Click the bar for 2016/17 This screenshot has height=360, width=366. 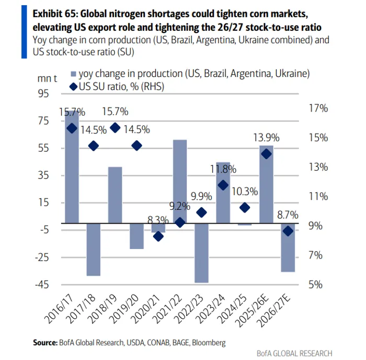pyautogui.click(x=72, y=167)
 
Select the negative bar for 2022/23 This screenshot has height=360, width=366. pyautogui.click(x=201, y=253)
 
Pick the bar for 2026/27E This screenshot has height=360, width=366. pyautogui.click(x=288, y=248)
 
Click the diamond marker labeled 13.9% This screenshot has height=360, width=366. pyautogui.click(x=266, y=154)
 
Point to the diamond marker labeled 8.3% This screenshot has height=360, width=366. pyautogui.click(x=158, y=237)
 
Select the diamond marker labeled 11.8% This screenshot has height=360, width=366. pyautogui.click(x=223, y=185)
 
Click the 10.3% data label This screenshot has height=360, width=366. pyautogui.click(x=244, y=192)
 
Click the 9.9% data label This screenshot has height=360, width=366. pyautogui.click(x=201, y=197)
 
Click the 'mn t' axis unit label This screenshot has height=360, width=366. pyautogui.click(x=48, y=78)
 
